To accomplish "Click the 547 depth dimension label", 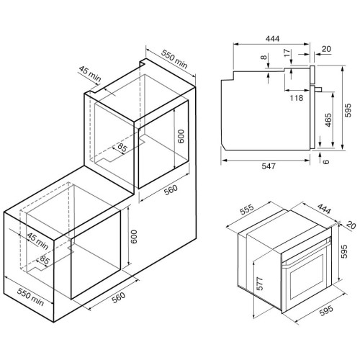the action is click(269, 166).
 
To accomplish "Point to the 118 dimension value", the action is click(297, 98).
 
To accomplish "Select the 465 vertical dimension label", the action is click(328, 120).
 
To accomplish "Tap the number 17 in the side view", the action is click(287, 53).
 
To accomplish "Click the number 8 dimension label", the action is click(264, 58).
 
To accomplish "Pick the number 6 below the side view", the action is click(325, 162).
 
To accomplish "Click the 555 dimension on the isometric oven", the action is click(247, 210).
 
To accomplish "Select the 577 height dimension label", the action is click(260, 284).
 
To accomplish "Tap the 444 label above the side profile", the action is click(273, 39).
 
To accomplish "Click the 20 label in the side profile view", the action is click(326, 49).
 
